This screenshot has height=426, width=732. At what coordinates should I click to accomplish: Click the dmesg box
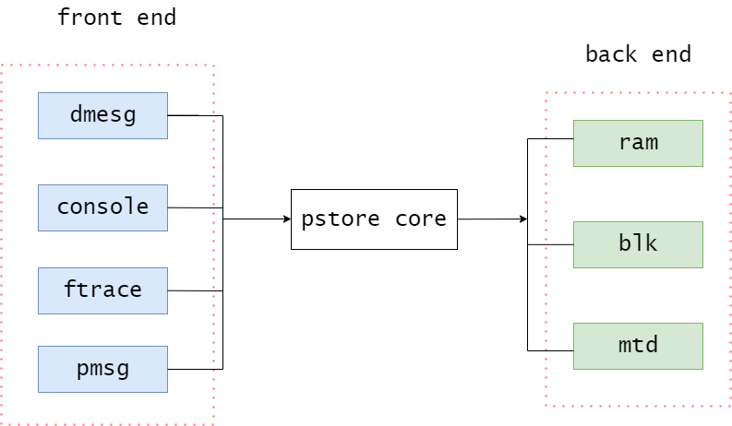[x=102, y=115]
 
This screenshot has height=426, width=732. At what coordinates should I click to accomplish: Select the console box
[x=102, y=207]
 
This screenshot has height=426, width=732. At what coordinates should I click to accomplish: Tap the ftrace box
[x=102, y=290]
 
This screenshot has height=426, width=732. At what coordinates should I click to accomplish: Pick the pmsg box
[x=102, y=369]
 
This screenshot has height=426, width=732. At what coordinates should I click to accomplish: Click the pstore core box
[x=374, y=219]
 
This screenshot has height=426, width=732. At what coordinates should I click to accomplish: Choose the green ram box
[x=638, y=143]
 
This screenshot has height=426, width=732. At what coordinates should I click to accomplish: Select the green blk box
[x=638, y=244]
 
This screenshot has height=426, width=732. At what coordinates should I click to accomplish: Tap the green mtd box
[x=638, y=346]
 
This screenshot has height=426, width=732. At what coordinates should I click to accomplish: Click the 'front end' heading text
[x=116, y=18]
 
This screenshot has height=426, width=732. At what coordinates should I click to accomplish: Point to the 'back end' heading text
[x=638, y=54]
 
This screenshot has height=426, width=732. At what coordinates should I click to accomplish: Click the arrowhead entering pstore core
[x=286, y=219]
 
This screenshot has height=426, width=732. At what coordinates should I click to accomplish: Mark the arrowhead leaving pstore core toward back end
[x=523, y=219]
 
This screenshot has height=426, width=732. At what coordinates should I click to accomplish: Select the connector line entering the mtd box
[x=550, y=350]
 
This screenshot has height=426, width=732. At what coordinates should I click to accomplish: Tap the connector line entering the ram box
[x=550, y=139]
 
